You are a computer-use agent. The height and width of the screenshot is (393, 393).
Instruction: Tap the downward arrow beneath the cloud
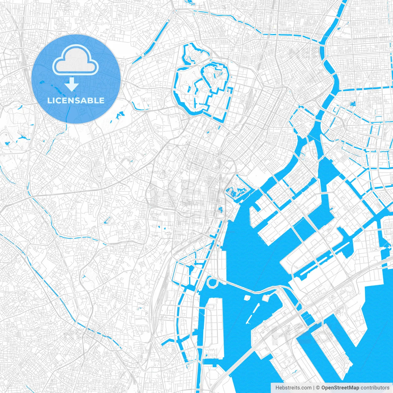pos(72,85)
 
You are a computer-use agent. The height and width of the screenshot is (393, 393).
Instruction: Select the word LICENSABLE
pos(76,100)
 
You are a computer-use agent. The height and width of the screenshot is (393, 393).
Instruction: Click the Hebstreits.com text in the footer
pos(293,388)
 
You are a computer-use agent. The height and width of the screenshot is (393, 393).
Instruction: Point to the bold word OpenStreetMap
pos(340,388)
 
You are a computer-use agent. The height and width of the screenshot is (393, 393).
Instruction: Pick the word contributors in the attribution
pos(375,388)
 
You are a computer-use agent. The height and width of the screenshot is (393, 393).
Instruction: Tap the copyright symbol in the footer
pos(318,388)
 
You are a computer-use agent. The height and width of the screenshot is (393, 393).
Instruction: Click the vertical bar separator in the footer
pos(314,388)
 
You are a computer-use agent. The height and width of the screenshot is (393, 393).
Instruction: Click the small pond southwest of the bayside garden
pos(220,210)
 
